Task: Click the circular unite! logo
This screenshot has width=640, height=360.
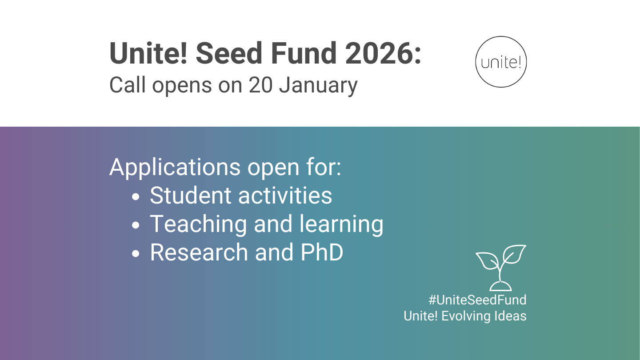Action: (x=501, y=62)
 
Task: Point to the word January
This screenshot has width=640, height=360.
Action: (x=318, y=85)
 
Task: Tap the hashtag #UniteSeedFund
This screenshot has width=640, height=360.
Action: (x=477, y=300)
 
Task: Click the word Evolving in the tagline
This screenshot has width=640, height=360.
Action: (x=466, y=316)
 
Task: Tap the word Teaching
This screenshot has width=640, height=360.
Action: (x=198, y=224)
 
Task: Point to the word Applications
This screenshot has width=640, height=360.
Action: (x=175, y=168)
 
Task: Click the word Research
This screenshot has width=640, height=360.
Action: (x=199, y=252)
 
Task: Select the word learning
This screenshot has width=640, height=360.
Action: (x=341, y=224)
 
